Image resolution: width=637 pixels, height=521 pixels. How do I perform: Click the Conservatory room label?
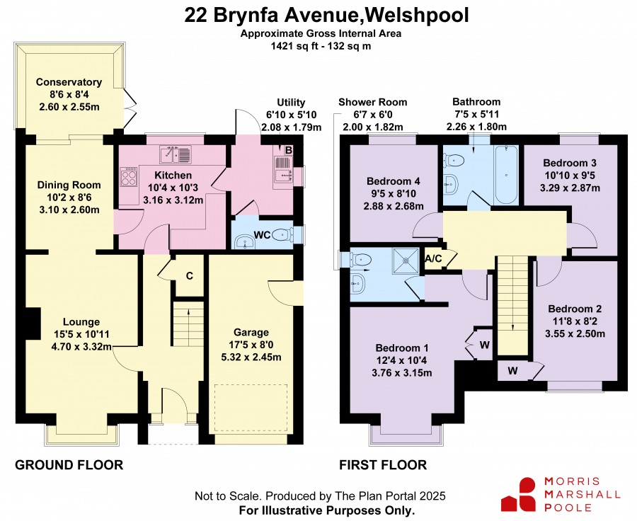tap(69, 82)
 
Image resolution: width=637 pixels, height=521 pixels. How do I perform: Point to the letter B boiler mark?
tap(289, 151)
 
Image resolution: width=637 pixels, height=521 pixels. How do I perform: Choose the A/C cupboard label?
tap(433, 259)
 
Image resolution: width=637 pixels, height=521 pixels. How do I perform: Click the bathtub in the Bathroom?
tap(506, 175)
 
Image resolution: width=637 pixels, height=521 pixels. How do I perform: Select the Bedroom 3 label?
tap(570, 163)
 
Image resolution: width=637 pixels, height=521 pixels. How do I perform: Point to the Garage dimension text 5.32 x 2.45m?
tap(251, 357)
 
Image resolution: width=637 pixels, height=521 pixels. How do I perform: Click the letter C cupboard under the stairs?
tap(189, 276)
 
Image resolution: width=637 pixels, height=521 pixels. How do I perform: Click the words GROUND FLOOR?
tap(69, 465)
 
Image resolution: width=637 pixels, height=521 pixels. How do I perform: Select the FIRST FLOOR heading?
tap(383, 465)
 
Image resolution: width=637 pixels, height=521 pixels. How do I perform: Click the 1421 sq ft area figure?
tap(292, 46)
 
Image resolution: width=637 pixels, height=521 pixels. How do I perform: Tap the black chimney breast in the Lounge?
tap(33, 323)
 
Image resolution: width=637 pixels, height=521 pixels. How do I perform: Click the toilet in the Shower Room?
tap(360, 259)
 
